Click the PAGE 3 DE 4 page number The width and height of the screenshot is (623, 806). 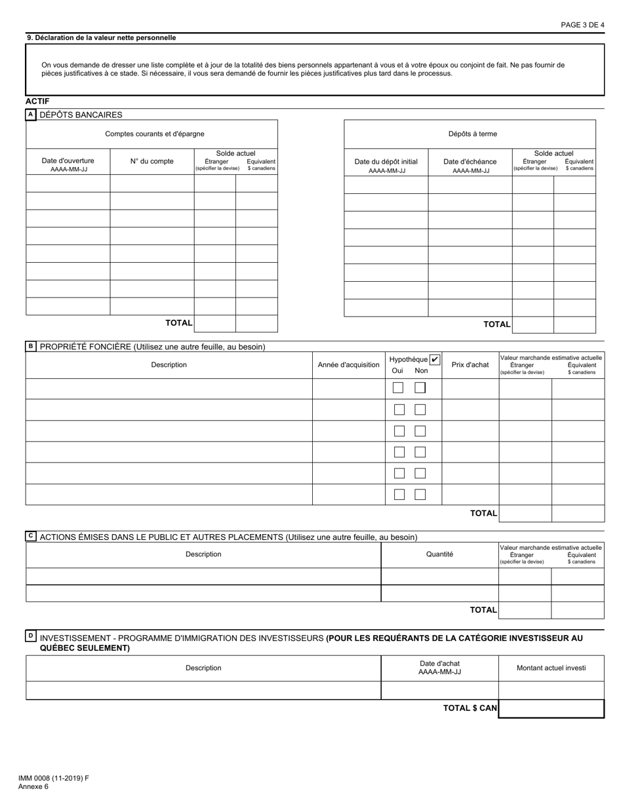coord(582,25)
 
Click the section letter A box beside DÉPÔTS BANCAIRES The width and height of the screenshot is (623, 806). coord(30,115)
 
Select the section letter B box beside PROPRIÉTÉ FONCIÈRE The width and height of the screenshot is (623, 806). coord(30,346)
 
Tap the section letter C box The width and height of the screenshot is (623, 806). coord(30,536)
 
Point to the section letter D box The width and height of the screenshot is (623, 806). coord(30,636)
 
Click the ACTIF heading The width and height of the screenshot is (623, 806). coord(37,101)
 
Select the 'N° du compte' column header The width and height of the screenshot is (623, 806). coord(151,161)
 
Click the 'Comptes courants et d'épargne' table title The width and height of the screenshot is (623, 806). coord(155,134)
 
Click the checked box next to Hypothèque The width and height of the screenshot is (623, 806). coord(435,359)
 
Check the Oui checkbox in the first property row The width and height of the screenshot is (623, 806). coord(398,388)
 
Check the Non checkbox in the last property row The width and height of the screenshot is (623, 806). coord(420,494)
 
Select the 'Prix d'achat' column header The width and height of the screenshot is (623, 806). coord(470,365)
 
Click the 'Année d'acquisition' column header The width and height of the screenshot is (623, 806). coord(348,365)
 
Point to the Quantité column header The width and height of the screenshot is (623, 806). coord(439,554)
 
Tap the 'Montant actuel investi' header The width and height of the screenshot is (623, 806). coord(551,668)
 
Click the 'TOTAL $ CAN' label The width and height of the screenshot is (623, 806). coord(470,708)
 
